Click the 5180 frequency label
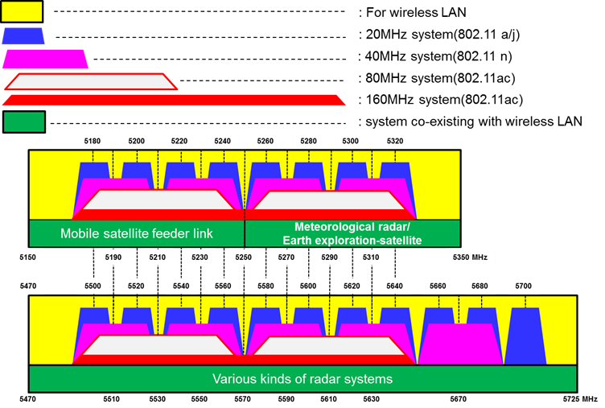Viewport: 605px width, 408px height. [93, 141]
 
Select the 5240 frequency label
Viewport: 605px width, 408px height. [222, 141]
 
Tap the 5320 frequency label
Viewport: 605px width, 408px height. [395, 141]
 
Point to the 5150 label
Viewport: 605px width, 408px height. [28, 258]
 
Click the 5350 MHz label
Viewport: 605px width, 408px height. [471, 258]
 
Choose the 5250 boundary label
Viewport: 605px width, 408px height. [243, 258]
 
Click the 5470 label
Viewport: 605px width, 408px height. [28, 286]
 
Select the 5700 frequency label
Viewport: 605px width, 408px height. [524, 286]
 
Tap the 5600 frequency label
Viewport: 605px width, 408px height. [308, 286]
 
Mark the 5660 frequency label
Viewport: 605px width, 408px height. [438, 286]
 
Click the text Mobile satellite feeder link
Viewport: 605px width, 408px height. [137, 234]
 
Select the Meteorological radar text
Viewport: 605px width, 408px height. [352, 227]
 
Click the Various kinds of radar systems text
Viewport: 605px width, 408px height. [302, 379]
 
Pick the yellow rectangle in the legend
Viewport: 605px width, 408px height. [22, 11]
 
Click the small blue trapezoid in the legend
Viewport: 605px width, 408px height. [23, 36]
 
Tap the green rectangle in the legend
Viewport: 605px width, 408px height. [24, 122]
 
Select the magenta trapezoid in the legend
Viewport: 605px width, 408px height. [45, 60]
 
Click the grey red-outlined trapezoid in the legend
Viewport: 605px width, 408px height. [90, 82]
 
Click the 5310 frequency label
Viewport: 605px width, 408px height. [371, 258]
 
